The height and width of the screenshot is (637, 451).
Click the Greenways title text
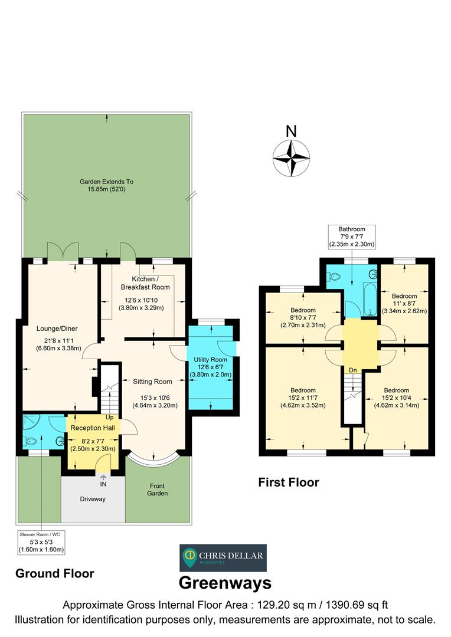pyautogui.click(x=225, y=583)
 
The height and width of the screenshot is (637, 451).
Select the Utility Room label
pyautogui.click(x=210, y=360)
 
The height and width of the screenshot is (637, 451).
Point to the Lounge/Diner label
pyautogui.click(x=57, y=329)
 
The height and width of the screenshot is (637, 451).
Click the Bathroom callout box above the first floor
pyautogui.click(x=352, y=236)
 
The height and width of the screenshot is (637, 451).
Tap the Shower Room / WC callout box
pyautogui.click(x=41, y=541)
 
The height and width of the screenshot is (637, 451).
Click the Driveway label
pyautogui.click(x=93, y=499)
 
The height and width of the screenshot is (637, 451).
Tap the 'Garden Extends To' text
pyautogui.click(x=107, y=182)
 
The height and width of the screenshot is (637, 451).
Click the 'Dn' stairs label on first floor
pyautogui.click(x=352, y=370)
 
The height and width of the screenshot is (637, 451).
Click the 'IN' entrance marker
pyautogui.click(x=104, y=484)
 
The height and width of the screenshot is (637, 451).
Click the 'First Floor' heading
pyautogui.click(x=289, y=482)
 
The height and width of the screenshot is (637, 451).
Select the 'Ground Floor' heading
pyautogui.click(x=54, y=573)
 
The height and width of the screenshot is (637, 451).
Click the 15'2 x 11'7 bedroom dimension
pyautogui.click(x=302, y=398)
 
